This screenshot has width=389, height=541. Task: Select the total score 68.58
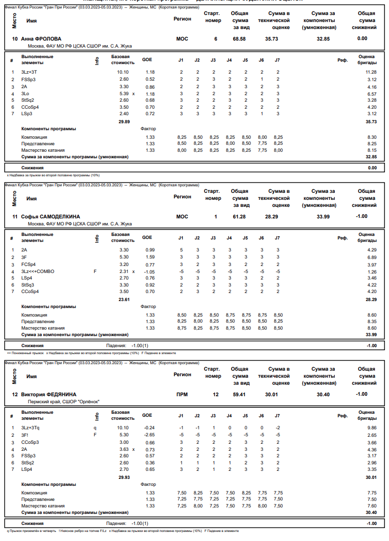point(239,39)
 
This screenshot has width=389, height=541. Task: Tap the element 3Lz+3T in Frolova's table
point(29,72)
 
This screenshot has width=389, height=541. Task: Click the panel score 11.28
point(371,72)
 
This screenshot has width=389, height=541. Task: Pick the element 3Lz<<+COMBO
point(38,271)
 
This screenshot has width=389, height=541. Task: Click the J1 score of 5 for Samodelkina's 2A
point(181,249)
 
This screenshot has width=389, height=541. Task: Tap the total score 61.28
point(239,216)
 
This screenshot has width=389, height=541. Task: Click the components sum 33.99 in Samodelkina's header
point(323,216)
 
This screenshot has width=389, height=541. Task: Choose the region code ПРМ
point(182,394)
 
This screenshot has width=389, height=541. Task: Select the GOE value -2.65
point(149,435)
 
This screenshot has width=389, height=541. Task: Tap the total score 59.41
point(239,394)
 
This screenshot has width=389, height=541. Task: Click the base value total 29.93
point(124,477)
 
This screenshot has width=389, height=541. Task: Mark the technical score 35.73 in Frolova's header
point(272,39)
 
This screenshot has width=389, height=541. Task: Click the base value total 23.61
point(124,300)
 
